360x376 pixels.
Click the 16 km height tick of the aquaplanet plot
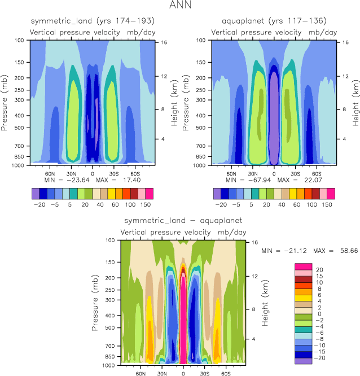[x=346, y=42]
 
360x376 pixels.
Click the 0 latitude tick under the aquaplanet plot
[x=274, y=173]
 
